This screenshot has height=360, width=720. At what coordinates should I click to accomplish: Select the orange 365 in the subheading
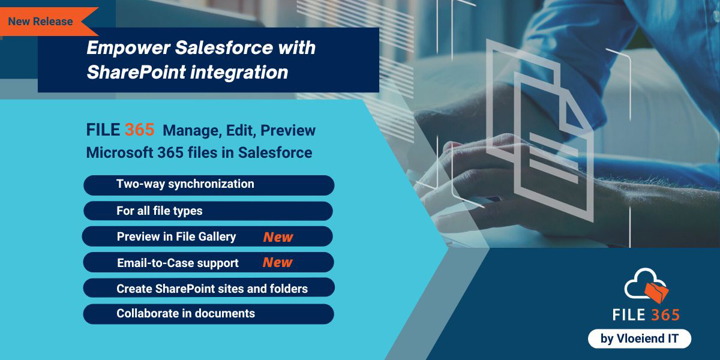[x=140, y=130]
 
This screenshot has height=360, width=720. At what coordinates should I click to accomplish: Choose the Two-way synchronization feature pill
[x=208, y=185]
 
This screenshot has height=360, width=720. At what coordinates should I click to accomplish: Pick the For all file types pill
[x=208, y=211]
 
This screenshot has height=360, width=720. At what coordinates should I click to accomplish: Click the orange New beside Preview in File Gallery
[x=278, y=237]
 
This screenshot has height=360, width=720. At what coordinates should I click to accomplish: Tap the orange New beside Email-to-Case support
[x=277, y=263]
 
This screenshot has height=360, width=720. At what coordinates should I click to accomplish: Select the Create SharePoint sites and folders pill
[x=208, y=289]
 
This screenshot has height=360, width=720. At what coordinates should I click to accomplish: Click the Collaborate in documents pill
[x=208, y=314]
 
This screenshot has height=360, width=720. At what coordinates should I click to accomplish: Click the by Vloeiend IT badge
[x=640, y=338]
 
